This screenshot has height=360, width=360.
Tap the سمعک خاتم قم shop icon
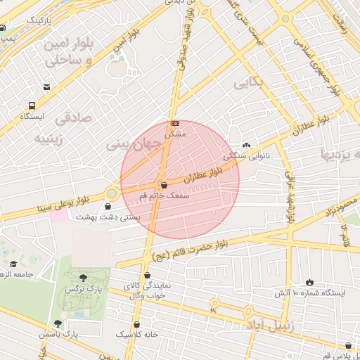coord(164,184)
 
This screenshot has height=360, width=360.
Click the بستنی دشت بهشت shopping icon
coord(108,207)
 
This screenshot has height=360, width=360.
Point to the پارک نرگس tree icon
coord(84,278)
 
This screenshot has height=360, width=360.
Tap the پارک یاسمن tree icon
coord(58,324)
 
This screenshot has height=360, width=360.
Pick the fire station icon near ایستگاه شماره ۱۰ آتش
coord(309,281)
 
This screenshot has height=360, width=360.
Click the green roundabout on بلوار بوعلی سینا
coord(112,193)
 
